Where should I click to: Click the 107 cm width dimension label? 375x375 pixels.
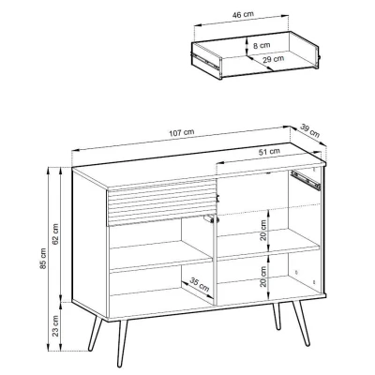pos(182,133)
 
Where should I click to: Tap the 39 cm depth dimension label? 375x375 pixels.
pos(310,130)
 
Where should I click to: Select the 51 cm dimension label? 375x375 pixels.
pos(269,152)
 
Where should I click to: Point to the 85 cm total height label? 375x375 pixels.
pos(43,258)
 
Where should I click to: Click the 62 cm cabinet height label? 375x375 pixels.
pos(55,234)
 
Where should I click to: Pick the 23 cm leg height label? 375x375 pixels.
pos(55,325)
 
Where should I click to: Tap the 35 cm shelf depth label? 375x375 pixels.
pos(200,285)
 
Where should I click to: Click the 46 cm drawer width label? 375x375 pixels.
pos(243,14)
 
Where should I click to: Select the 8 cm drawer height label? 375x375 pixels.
pos(262,46)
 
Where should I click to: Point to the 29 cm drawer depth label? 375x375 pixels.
pos(274,59)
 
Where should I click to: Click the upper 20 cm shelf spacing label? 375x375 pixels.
pos(263,230)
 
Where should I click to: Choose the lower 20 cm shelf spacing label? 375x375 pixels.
pos(263,277)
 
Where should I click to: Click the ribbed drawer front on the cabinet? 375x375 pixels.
pos(161,202)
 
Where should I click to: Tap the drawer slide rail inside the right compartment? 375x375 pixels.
pos(306,180)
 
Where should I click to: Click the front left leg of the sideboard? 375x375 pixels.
pos(122,342)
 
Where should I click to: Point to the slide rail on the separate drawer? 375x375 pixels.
pos(205,61)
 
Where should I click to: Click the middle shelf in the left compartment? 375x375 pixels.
pos(161,256)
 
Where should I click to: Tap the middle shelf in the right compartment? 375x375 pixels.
pos(268,245)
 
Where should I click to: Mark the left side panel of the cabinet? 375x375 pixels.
pos(90,244)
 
